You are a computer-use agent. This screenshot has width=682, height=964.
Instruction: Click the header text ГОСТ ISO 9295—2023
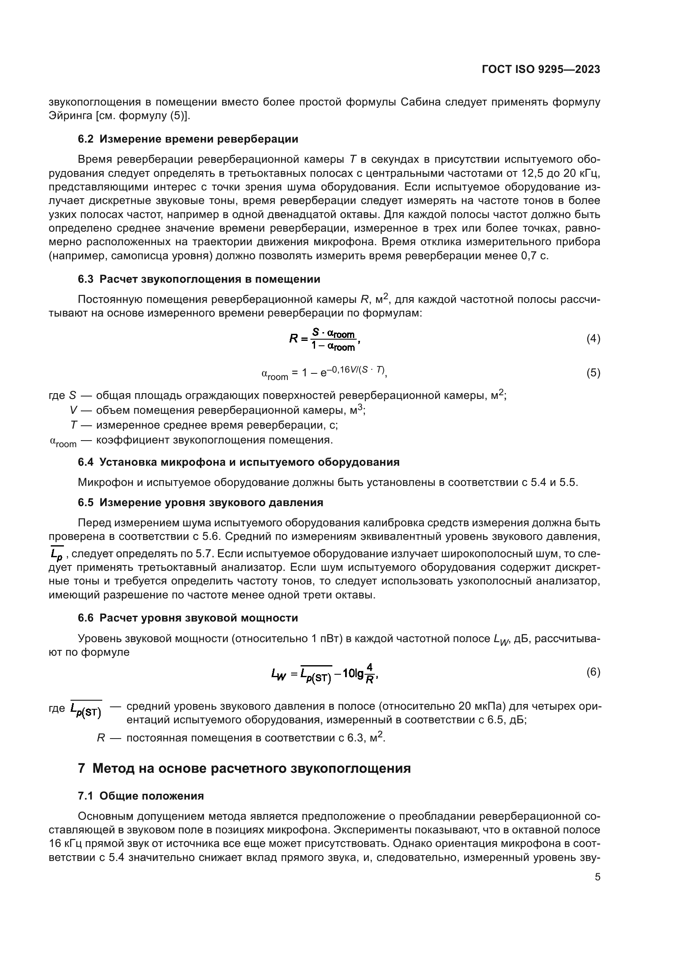tap(541, 70)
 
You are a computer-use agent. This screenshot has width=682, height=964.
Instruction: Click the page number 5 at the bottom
tap(597, 877)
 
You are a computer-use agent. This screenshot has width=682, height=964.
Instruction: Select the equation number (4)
tap(593, 339)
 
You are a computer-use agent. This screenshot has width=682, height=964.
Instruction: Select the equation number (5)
tap(593, 373)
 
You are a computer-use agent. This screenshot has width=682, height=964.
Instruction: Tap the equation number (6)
tap(593, 672)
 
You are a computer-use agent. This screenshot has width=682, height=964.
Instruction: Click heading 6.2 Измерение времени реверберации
tap(188, 139)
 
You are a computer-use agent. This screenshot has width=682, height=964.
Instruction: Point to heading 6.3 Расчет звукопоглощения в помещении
tap(199, 279)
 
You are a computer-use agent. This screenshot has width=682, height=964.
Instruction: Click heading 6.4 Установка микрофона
tap(238, 462)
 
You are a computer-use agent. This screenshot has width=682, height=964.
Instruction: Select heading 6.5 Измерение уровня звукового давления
tap(200, 502)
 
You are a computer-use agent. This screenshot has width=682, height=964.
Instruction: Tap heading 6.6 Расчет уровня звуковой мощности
tap(188, 618)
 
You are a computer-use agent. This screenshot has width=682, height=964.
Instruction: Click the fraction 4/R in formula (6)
tap(369, 673)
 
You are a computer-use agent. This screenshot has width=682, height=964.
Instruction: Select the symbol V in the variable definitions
tap(73, 410)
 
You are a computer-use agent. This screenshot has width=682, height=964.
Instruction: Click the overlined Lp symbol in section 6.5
tap(56, 555)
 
